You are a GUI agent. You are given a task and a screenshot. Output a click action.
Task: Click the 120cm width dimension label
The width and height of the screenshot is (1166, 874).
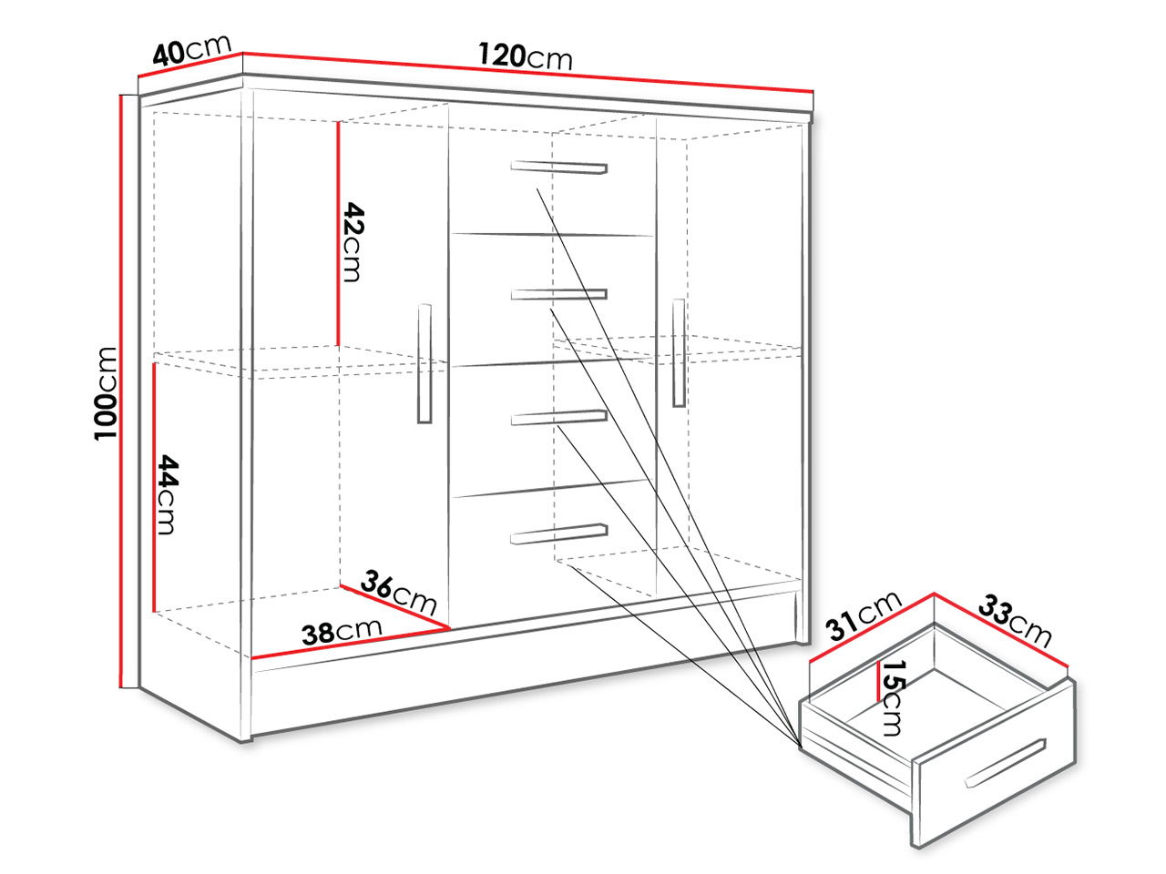[x=525, y=56]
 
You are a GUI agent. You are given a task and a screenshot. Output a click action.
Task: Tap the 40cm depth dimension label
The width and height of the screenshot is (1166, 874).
[x=192, y=50]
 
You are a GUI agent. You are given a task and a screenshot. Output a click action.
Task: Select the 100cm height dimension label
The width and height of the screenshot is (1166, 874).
[x=106, y=393]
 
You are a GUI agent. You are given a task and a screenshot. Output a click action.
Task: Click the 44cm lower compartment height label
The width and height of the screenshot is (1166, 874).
[x=167, y=494]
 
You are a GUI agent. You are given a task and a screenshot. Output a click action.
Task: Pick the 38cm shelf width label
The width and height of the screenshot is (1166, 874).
[x=342, y=632]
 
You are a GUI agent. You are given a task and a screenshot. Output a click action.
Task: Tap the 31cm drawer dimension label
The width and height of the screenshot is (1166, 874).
[x=864, y=616]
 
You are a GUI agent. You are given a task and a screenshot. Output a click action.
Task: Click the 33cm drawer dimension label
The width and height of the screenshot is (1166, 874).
[x=1015, y=621]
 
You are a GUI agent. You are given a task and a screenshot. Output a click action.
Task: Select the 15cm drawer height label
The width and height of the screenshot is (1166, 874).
[x=893, y=697]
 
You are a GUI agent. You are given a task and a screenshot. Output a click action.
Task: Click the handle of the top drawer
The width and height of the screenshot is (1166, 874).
[x=558, y=168]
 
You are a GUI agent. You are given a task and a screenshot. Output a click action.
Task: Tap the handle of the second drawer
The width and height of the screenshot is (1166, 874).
[x=558, y=294]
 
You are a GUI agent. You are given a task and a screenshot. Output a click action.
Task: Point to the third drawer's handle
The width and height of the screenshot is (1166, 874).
[x=558, y=417]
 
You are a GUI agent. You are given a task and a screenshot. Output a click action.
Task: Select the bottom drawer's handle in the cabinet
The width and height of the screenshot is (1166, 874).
[x=558, y=534]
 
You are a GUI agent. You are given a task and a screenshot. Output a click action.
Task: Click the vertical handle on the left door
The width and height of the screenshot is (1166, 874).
[x=424, y=363]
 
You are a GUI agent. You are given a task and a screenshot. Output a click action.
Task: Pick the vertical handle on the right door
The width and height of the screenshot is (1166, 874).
[x=679, y=353]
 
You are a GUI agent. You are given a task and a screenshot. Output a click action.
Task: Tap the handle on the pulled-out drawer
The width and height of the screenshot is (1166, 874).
[x=1006, y=763]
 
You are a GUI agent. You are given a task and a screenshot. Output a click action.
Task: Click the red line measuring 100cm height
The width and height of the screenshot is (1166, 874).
[x=122, y=391]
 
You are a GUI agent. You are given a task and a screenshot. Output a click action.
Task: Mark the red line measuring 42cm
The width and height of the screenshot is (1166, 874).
[x=337, y=233]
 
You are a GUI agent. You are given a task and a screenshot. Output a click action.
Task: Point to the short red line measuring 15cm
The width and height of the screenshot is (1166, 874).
[x=879, y=681]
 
